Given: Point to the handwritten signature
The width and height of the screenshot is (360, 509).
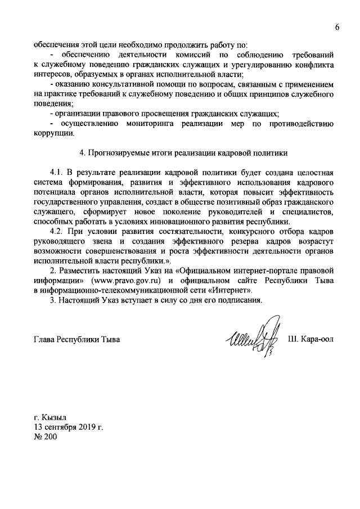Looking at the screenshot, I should [253, 340].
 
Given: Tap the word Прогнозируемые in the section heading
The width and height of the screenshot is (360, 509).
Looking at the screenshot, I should [122, 152].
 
